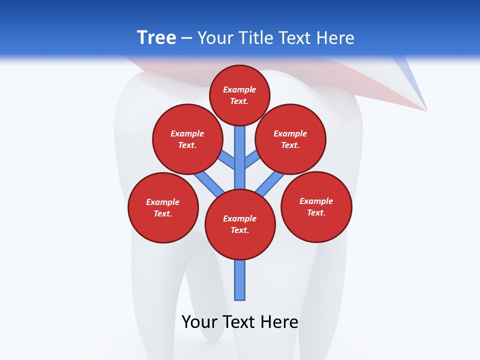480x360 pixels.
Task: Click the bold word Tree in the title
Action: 156,38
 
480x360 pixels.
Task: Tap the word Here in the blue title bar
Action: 336,38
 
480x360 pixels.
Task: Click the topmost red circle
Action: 239,95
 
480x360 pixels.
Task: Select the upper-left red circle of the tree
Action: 187,139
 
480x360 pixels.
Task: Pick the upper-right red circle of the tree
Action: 290,139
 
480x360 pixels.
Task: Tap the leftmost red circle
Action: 163,207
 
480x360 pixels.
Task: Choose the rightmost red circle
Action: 316,206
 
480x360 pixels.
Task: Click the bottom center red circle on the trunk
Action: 240,224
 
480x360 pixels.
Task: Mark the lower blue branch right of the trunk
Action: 270,184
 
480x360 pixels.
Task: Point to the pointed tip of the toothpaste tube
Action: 425,109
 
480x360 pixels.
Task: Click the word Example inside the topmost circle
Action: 239,89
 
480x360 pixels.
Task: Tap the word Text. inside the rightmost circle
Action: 316,212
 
